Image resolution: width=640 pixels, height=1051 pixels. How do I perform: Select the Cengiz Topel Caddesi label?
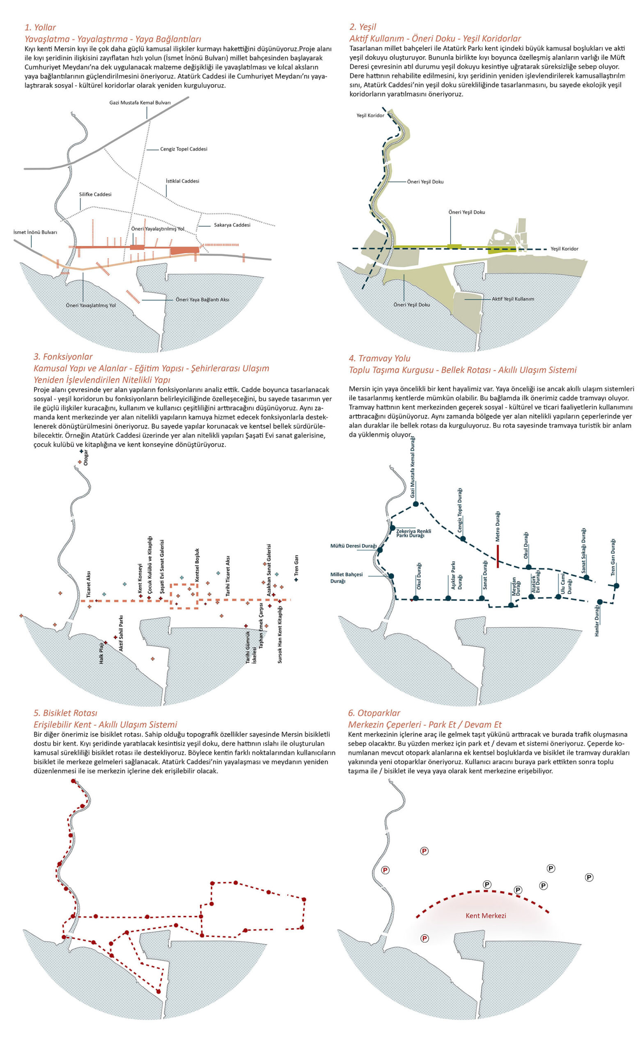[184, 149]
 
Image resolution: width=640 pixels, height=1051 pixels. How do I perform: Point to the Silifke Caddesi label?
[95, 195]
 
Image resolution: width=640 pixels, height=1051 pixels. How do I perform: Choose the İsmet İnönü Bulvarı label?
[35, 232]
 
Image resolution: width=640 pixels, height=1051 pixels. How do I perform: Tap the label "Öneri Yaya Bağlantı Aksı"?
[202, 300]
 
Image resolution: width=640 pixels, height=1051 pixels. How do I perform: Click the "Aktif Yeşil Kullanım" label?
[512, 299]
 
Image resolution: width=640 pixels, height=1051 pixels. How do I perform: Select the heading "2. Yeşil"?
[362, 27]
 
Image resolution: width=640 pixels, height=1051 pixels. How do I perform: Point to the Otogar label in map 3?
[86, 457]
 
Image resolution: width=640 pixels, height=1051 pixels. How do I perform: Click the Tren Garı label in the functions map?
[296, 566]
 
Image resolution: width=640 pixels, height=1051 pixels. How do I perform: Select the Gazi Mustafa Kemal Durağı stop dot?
[416, 504]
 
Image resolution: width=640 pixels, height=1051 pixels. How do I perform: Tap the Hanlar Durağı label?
[597, 622]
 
